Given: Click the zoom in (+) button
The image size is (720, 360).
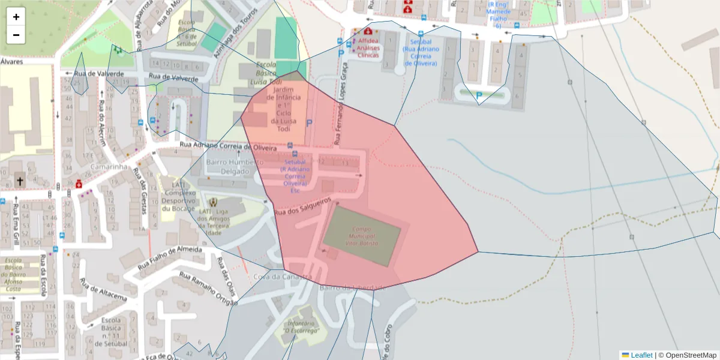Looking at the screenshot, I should coord(16,17).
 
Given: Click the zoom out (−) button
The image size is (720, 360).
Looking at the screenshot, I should coord(16,35).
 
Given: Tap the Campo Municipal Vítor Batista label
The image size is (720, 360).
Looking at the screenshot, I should coord(361,236).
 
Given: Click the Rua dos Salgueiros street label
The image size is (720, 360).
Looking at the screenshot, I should coord(302,207).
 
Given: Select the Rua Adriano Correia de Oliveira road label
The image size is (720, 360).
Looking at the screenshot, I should coord(229,147).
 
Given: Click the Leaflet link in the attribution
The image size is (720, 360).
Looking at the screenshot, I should coord(641,355).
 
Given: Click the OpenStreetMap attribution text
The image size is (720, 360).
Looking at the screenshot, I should coord(690,355).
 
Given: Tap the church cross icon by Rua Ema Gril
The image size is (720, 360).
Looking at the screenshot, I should coord(20,181).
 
